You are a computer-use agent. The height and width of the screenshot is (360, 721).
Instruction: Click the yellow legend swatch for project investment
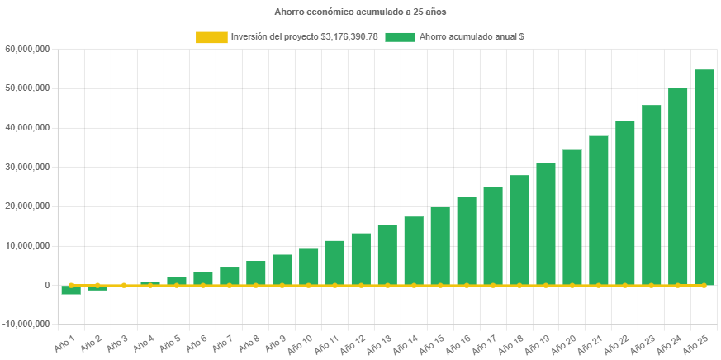point(211,37)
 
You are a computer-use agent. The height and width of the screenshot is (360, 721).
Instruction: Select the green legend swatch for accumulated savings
point(400,37)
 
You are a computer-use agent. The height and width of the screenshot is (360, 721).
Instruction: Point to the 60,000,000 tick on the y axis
point(28,49)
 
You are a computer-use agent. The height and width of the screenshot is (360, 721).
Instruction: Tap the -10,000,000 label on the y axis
point(27,324)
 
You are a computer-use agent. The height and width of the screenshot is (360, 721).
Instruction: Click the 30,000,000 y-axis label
point(28,167)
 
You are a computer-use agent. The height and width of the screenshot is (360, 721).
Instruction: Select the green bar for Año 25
point(704,177)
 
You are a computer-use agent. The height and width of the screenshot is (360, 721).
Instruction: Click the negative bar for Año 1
point(71,290)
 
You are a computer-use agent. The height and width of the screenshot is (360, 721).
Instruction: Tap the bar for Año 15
point(440,245)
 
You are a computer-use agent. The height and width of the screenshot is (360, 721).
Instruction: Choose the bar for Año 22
point(625,202)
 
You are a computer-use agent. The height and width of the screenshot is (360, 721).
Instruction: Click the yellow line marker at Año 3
point(124,285)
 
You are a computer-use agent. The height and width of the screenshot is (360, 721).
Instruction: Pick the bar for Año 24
point(678,186)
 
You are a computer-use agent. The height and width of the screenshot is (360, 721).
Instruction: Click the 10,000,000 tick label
point(28,245)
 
